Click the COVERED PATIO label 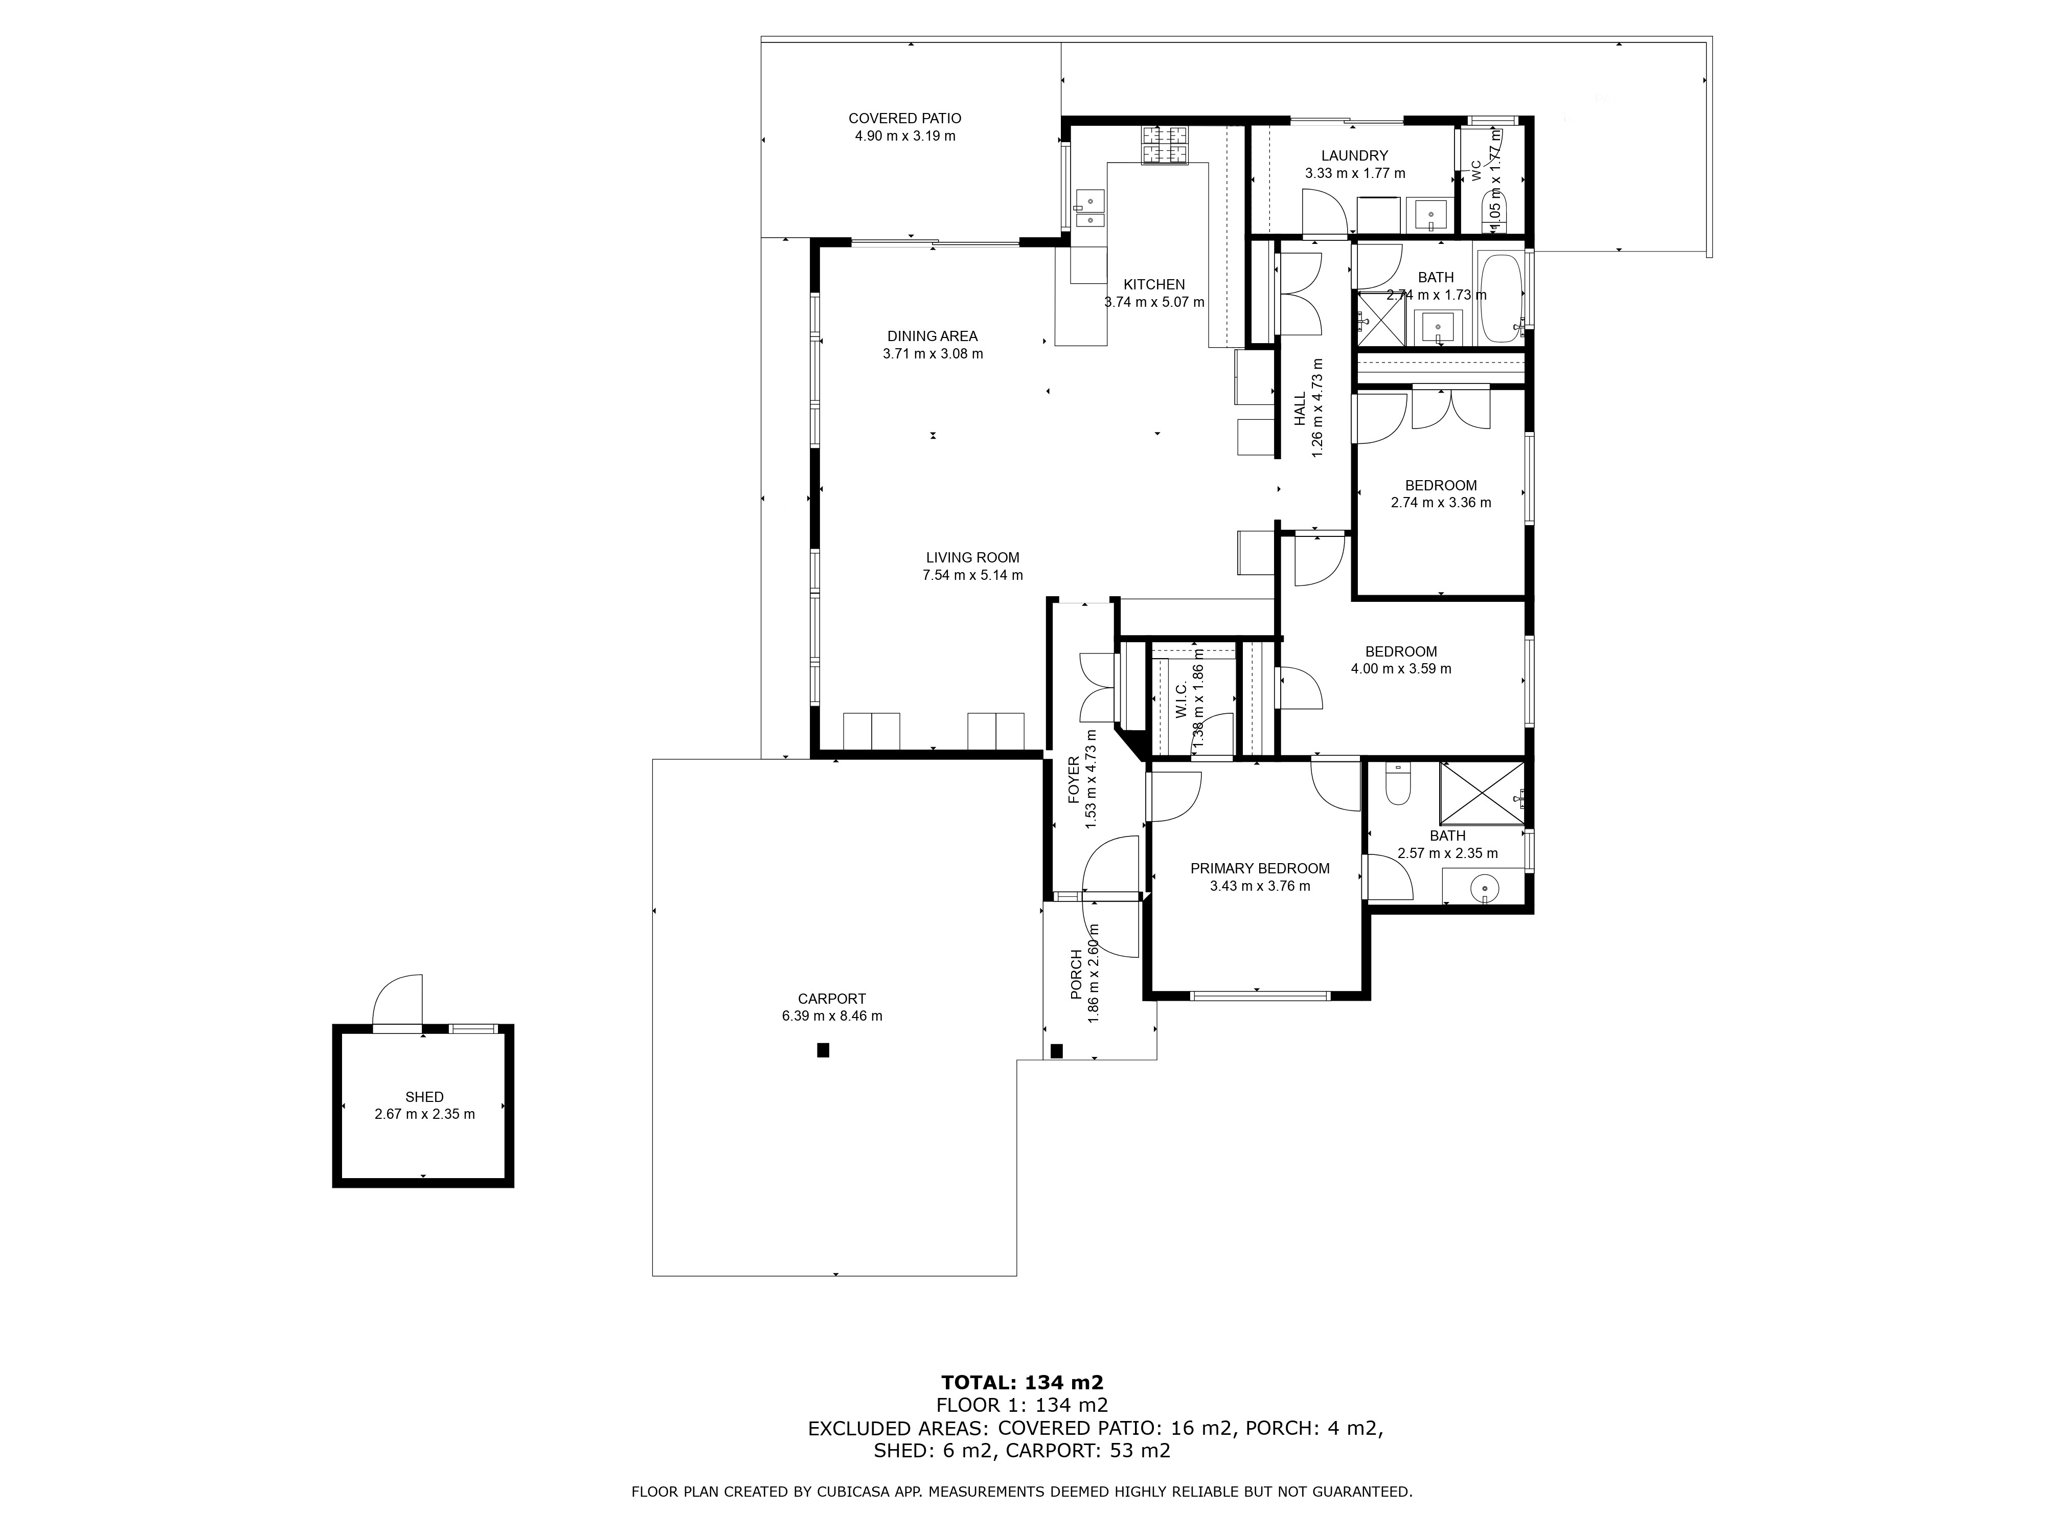(904, 118)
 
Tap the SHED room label (424, 1097)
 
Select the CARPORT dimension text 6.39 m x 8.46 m (832, 1016)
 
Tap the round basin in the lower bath (1484, 890)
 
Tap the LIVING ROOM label (972, 557)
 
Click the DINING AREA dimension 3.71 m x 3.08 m (933, 353)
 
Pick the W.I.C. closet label (1180, 699)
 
